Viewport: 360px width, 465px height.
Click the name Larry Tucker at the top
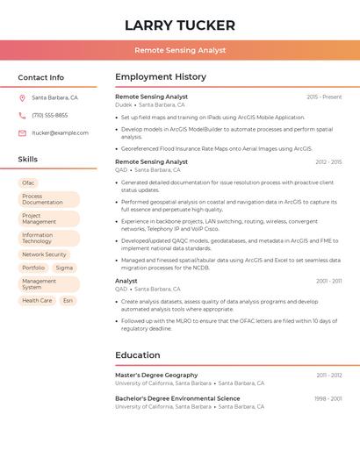[180, 25]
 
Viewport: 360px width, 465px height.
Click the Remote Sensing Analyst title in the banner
[180, 51]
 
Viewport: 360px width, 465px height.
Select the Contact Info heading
[40, 77]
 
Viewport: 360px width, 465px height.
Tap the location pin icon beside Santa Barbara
[22, 97]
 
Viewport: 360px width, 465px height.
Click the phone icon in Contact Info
[22, 115]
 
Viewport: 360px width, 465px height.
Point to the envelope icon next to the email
[22, 133]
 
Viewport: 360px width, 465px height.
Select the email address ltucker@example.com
[60, 133]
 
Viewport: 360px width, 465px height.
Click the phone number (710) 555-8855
[49, 115]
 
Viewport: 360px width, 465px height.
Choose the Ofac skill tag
[29, 182]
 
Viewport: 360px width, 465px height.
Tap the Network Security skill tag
[44, 254]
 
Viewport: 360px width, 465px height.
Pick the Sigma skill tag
[64, 268]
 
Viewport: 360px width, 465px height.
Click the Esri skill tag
[68, 300]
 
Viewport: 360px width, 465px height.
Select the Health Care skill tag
[37, 300]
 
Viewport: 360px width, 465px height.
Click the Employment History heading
[161, 77]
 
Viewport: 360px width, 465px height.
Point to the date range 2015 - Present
[324, 97]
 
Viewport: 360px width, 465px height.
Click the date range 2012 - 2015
[328, 162]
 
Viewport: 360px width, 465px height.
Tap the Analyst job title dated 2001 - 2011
[126, 281]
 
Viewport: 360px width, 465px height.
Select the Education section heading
[138, 355]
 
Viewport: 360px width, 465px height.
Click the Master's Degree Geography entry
[156, 375]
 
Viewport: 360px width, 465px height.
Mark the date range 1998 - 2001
[328, 398]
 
